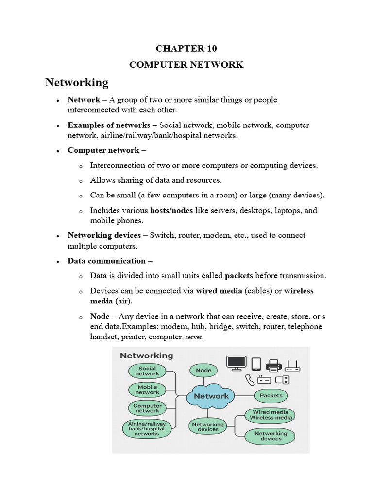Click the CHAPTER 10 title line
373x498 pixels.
pyautogui.click(x=186, y=48)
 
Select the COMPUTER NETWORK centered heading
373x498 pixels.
pyautogui.click(x=186, y=65)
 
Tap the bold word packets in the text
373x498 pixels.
pyautogui.click(x=239, y=276)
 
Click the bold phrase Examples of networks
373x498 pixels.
pyautogui.click(x=109, y=125)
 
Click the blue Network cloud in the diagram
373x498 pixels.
pyautogui.click(x=211, y=396)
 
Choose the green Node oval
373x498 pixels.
pyautogui.click(x=203, y=370)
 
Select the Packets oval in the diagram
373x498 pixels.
pyautogui.click(x=271, y=395)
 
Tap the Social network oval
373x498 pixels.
pyautogui.click(x=147, y=371)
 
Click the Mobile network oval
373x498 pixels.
pyautogui.click(x=147, y=390)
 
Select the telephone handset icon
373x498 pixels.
pyautogui.click(x=250, y=380)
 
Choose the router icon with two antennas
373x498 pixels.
pyautogui.click(x=292, y=365)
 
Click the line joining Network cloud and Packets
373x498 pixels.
pyautogui.click(x=245, y=395)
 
